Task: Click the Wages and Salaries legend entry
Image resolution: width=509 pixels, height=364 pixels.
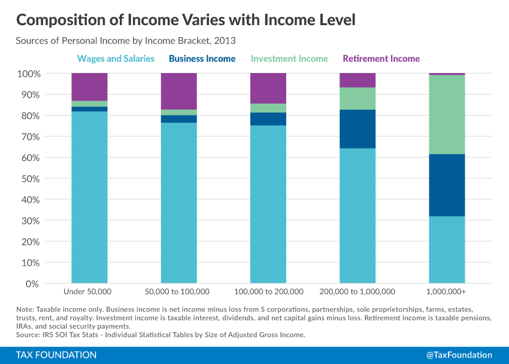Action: pos(116,59)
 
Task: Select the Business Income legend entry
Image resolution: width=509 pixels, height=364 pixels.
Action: pos(202,59)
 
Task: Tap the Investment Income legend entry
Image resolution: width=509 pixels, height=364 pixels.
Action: pos(289,59)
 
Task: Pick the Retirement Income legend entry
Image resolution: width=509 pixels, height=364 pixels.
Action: pos(381,59)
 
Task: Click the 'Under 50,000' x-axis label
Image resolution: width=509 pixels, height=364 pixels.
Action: pos(89,292)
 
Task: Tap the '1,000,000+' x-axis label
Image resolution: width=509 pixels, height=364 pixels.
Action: pos(447,292)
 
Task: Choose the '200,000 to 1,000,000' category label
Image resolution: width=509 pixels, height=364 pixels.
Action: pos(357,292)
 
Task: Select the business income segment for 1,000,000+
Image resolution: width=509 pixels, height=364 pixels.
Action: pos(447,185)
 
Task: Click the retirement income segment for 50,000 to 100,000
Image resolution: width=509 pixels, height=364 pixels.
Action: pos(178,91)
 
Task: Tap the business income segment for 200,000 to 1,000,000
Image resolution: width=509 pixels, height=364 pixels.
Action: pos(357,129)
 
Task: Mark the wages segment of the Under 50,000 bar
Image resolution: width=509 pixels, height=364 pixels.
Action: pos(89,197)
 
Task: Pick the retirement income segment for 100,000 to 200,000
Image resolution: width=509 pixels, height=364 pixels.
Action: pos(268,88)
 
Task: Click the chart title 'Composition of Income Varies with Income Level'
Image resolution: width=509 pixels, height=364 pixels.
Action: pos(186,20)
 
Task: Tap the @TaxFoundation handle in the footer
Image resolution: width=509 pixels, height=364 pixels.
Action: pos(459,355)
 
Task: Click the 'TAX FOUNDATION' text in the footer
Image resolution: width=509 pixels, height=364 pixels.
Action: pos(56,355)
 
